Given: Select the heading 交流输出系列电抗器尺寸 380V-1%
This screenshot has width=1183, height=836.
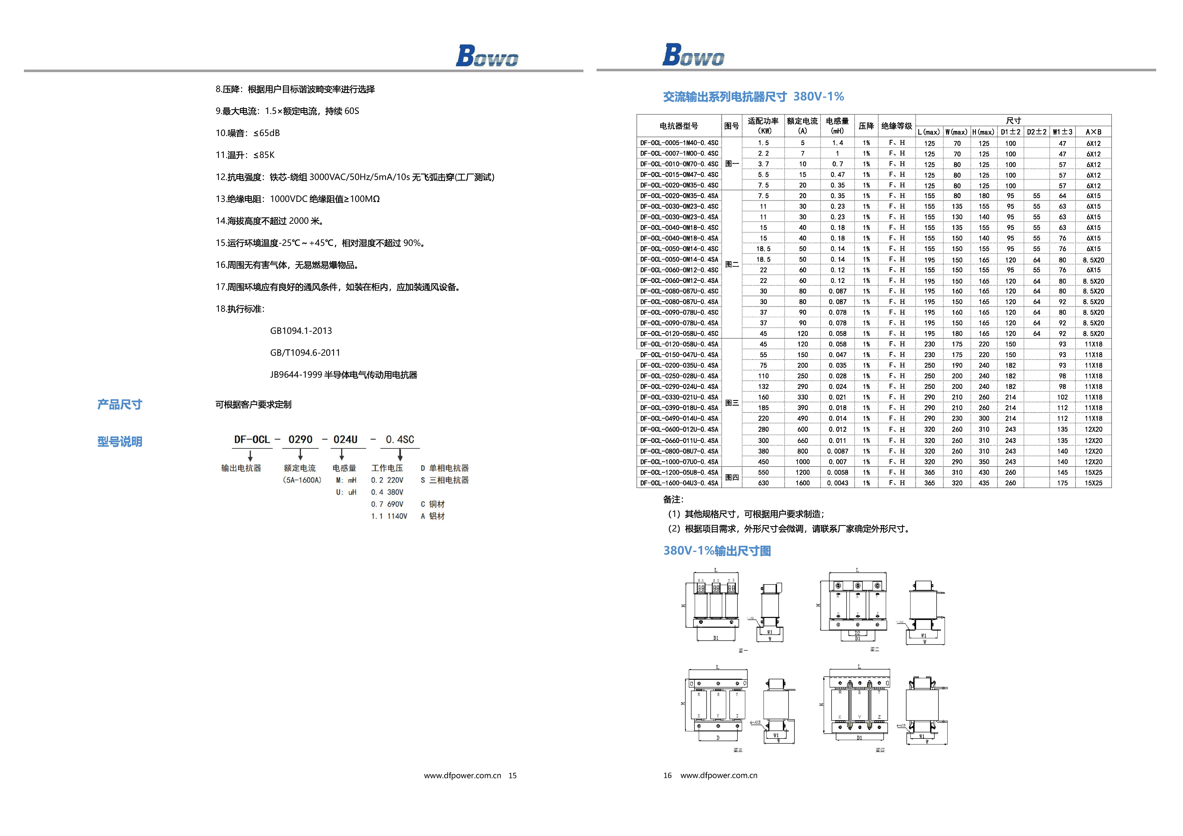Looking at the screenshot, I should pyautogui.click(x=753, y=96).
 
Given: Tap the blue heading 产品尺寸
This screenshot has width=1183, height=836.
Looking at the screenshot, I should pyautogui.click(x=120, y=404).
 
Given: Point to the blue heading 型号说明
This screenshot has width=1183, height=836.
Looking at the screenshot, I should pyautogui.click(x=120, y=442).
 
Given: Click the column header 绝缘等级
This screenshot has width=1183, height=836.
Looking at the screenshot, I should pyautogui.click(x=897, y=126).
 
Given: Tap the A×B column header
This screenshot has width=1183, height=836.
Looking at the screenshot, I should pyautogui.click(x=1093, y=132).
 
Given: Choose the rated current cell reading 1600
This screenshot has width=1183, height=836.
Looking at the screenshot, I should pyautogui.click(x=802, y=483).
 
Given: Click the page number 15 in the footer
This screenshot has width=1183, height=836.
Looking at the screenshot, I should pyautogui.click(x=512, y=775).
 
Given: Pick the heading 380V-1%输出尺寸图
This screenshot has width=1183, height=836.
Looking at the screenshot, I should pyautogui.click(x=717, y=551).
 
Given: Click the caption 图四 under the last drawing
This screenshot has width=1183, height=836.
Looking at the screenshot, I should pyautogui.click(x=880, y=750).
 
